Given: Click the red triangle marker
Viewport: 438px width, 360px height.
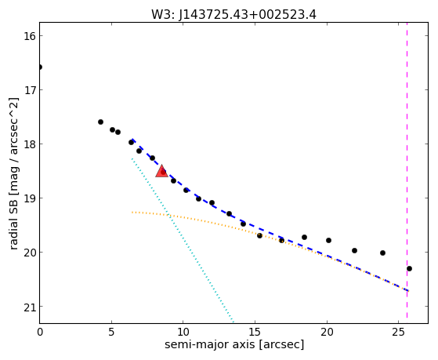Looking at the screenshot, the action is coord(161,171).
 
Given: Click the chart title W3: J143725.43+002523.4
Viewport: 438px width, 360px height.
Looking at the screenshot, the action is coord(233,15).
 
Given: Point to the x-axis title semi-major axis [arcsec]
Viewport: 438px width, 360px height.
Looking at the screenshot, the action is coord(234,344).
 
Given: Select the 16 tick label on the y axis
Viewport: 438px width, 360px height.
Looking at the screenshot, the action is coord(29,36).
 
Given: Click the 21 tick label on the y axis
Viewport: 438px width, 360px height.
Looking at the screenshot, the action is coord(29,307).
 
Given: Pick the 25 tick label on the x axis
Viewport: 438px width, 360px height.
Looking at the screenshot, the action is coord(398,333).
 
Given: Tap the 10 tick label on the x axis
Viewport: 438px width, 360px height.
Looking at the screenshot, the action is coord(183,333).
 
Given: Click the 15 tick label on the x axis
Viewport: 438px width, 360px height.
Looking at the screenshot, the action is coord(255,333).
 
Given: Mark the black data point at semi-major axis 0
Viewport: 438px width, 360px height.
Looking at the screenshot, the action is coord(40,67).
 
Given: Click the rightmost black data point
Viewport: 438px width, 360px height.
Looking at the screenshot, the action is coord(410,269).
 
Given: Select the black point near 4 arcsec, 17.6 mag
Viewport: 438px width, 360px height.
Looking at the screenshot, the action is coord(100,122).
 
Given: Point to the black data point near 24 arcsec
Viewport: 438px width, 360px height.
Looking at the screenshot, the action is coord(382,253).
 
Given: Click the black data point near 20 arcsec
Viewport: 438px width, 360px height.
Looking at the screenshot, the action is coord(329,241).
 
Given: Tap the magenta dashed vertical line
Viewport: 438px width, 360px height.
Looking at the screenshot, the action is coord(407,170).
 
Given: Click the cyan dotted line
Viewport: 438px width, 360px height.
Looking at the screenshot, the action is coord(182,240).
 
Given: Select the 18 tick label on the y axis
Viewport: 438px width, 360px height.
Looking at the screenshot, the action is coord(29,144).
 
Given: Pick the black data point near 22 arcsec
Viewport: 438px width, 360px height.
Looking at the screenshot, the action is coord(354,251).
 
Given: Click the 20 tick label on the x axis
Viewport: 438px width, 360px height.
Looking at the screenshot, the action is coord(327,333).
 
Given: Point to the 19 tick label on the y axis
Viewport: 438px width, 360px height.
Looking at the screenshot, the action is coord(29,198).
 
